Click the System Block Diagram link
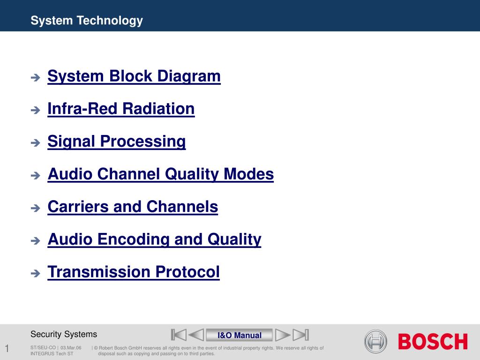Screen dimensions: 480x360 [134, 76]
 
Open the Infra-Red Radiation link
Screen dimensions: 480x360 [121, 109]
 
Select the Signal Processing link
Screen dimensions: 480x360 [117, 142]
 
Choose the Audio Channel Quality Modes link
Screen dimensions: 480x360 [161, 174]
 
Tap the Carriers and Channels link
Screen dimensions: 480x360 [133, 207]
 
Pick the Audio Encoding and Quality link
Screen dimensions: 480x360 [155, 240]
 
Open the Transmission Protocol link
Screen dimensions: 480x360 [134, 272]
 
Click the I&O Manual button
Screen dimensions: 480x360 [240, 335]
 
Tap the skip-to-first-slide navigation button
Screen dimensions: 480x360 [179, 335]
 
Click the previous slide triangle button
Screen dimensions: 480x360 [196, 335]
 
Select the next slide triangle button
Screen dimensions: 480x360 [283, 335]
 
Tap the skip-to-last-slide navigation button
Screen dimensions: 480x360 [300, 335]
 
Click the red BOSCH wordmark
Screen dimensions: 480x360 [433, 341]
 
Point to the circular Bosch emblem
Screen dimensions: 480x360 [375, 341]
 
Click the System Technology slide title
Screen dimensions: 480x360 [87, 21]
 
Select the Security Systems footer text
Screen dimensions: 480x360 [64, 334]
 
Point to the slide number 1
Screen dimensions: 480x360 [7, 348]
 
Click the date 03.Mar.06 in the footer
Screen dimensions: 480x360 [71, 348]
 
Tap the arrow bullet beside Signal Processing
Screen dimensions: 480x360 [36, 142]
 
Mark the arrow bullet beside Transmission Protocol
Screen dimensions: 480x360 [36, 273]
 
